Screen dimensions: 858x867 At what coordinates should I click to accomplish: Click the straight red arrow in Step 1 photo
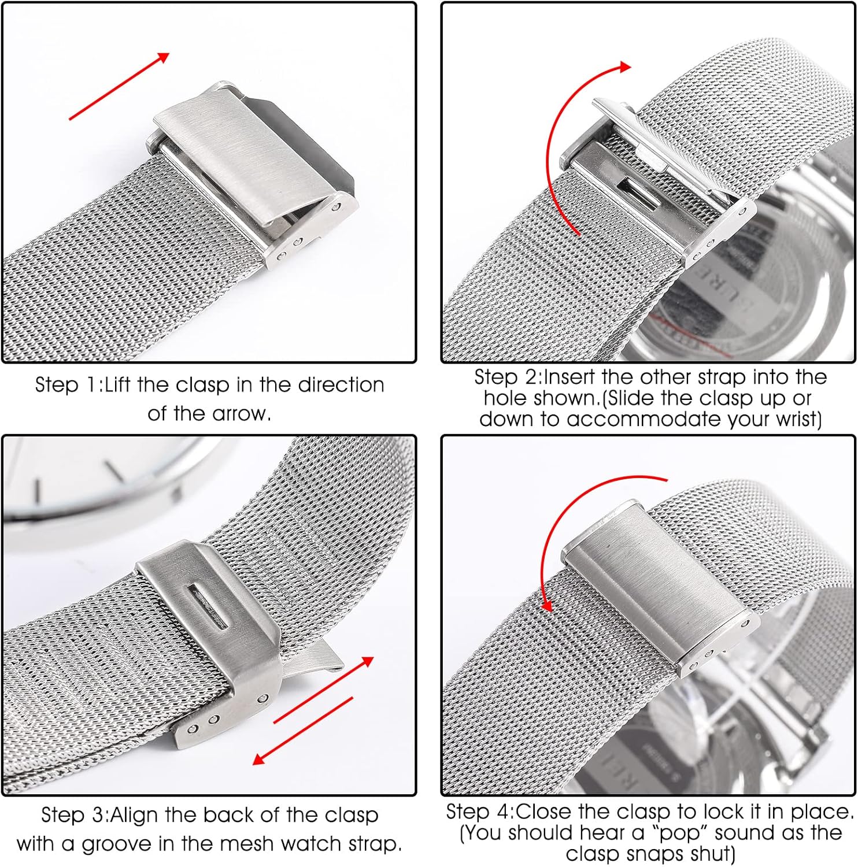point(119,86)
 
